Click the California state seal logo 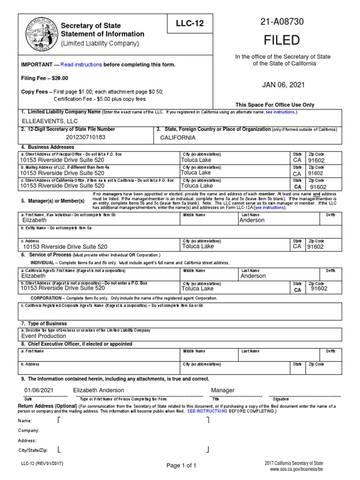pos(40,34)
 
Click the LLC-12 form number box pos(189,23)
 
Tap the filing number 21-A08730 pos(283,22)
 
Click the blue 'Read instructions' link pos(81,64)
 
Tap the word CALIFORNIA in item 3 pos(178,138)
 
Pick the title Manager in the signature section pos(223,390)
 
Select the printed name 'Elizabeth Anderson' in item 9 pos(98,390)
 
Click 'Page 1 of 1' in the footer pos(181,465)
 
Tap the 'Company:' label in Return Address pos(29,430)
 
